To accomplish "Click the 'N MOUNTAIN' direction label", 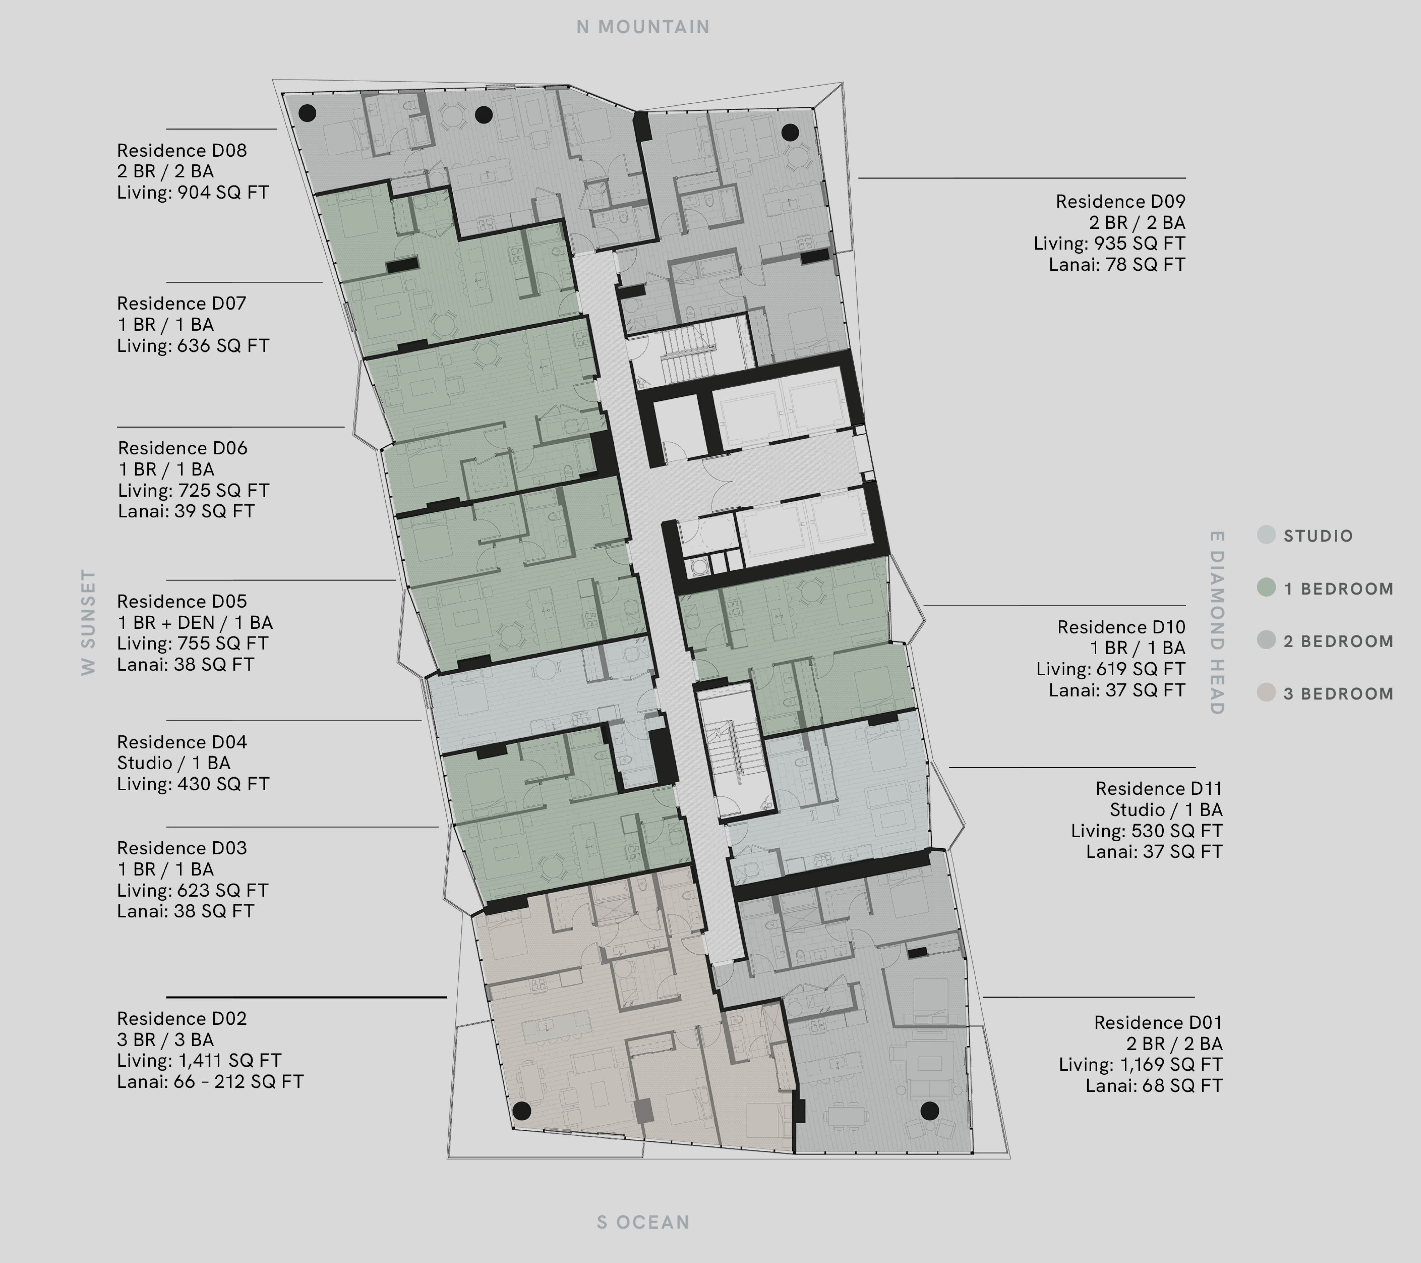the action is [643, 27].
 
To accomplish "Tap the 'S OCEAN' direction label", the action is [643, 1222].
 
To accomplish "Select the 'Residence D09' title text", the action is [1120, 202].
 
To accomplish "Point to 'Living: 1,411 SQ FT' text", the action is [199, 1061].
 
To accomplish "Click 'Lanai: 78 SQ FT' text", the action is [1117, 264].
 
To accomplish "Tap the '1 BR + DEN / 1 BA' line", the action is [195, 622].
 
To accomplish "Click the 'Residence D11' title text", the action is [1158, 789].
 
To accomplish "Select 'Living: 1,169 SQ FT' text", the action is [1140, 1065].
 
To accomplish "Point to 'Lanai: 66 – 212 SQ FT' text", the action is [210, 1081].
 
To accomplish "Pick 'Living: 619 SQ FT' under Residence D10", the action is [1110, 669].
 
